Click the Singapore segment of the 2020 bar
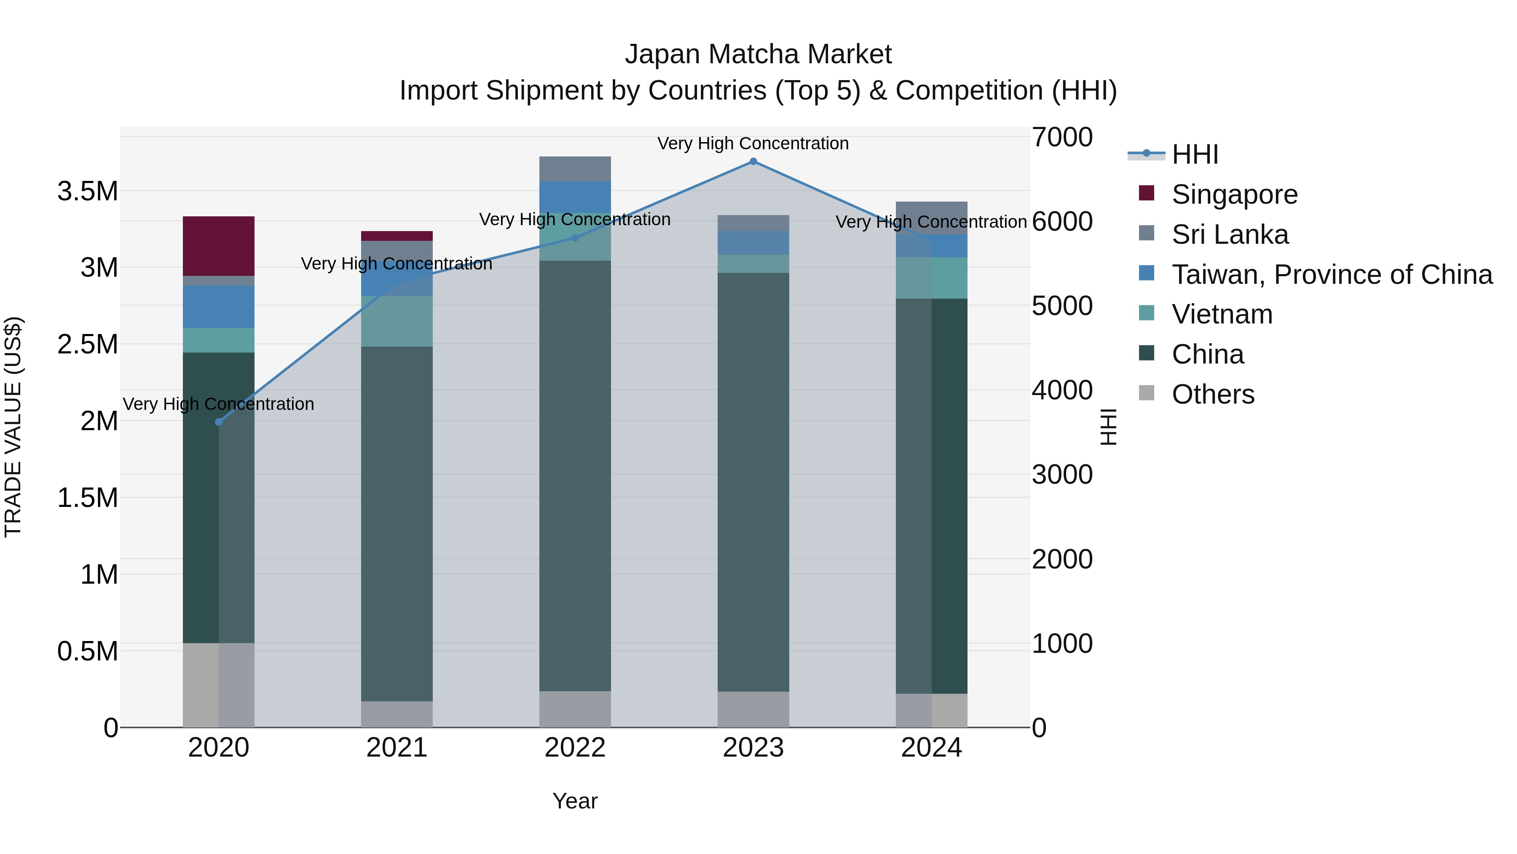[218, 246]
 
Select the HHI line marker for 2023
[753, 162]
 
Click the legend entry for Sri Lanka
[1230, 234]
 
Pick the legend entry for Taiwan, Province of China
[1331, 275]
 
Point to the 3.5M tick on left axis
[88, 191]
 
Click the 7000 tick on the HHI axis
[1062, 137]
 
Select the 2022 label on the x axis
[575, 748]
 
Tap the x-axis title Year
[575, 801]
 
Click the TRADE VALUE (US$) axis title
[13, 427]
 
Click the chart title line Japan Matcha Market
[758, 54]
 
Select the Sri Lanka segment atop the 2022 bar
[575, 169]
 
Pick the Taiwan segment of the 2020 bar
[218, 307]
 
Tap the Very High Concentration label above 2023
[753, 143]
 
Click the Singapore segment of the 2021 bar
[397, 236]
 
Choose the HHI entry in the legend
[1194, 154]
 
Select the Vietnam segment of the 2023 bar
[753, 264]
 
